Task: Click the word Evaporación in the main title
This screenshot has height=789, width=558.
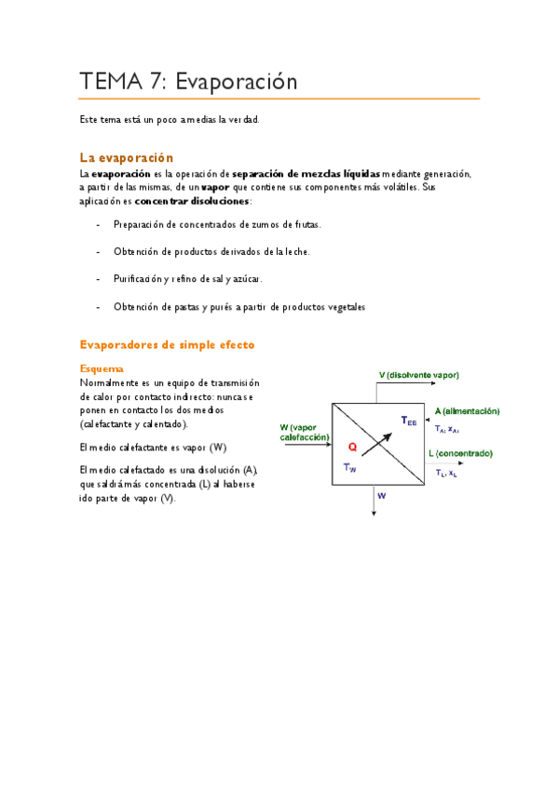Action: [x=242, y=82]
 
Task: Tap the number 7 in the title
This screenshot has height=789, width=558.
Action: [x=157, y=82]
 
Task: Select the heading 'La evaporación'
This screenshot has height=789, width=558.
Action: [x=126, y=157]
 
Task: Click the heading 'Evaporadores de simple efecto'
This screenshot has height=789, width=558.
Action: [x=167, y=344]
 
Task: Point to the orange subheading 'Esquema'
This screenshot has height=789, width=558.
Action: [x=102, y=368]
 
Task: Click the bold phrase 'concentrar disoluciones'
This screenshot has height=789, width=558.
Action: [x=192, y=201]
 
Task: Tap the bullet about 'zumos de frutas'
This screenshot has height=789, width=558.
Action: [x=216, y=224]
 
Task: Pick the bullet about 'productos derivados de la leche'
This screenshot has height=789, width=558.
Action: [x=211, y=251]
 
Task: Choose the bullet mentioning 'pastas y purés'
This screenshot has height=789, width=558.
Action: [x=239, y=306]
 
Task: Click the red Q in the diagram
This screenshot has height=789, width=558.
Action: [x=352, y=447]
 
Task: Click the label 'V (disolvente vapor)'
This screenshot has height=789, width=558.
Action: [x=418, y=375]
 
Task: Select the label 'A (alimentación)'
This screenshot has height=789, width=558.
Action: [x=467, y=410]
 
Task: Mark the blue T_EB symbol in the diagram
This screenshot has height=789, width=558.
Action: [x=408, y=421]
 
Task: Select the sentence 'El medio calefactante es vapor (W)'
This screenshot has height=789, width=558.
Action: [x=153, y=447]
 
